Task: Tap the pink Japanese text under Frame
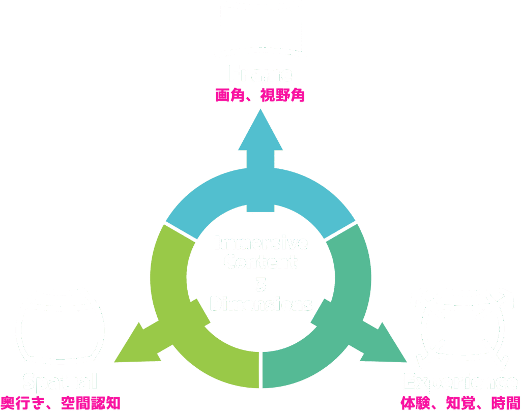tap(260, 96)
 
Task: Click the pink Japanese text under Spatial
tap(60, 403)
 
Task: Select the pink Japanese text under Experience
tap(460, 403)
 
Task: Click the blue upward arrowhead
tap(260, 132)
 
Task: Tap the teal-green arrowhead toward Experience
tap(388, 346)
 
